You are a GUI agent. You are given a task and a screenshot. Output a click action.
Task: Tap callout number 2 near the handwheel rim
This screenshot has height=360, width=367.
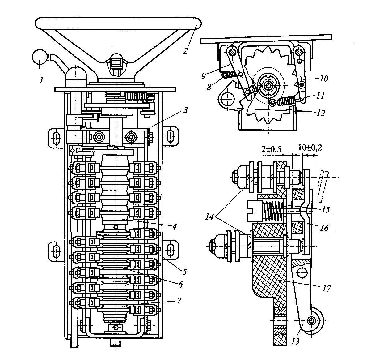[185, 50]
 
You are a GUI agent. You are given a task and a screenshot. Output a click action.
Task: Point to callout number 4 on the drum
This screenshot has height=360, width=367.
[174, 226]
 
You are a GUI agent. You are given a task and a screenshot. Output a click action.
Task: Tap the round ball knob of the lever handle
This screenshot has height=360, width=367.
[40, 58]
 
